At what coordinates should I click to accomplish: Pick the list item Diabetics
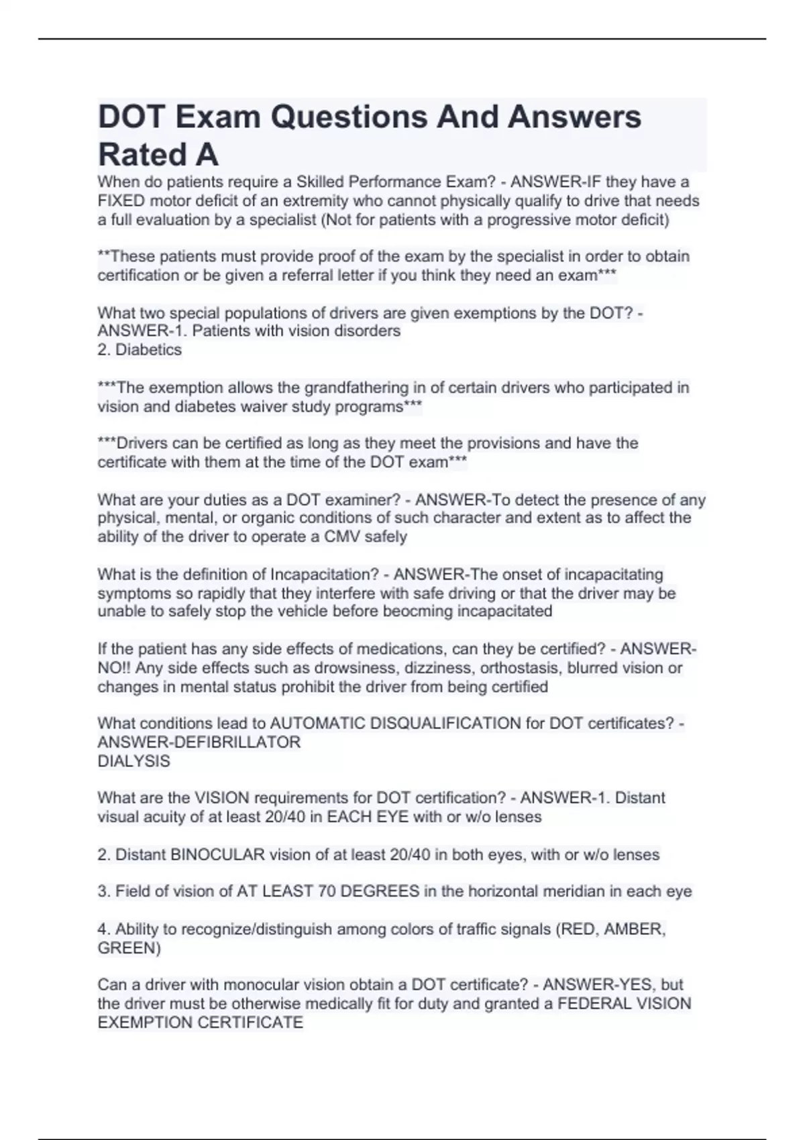click(148, 349)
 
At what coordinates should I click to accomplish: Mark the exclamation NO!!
click(111, 668)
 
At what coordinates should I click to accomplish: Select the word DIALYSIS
click(134, 761)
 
